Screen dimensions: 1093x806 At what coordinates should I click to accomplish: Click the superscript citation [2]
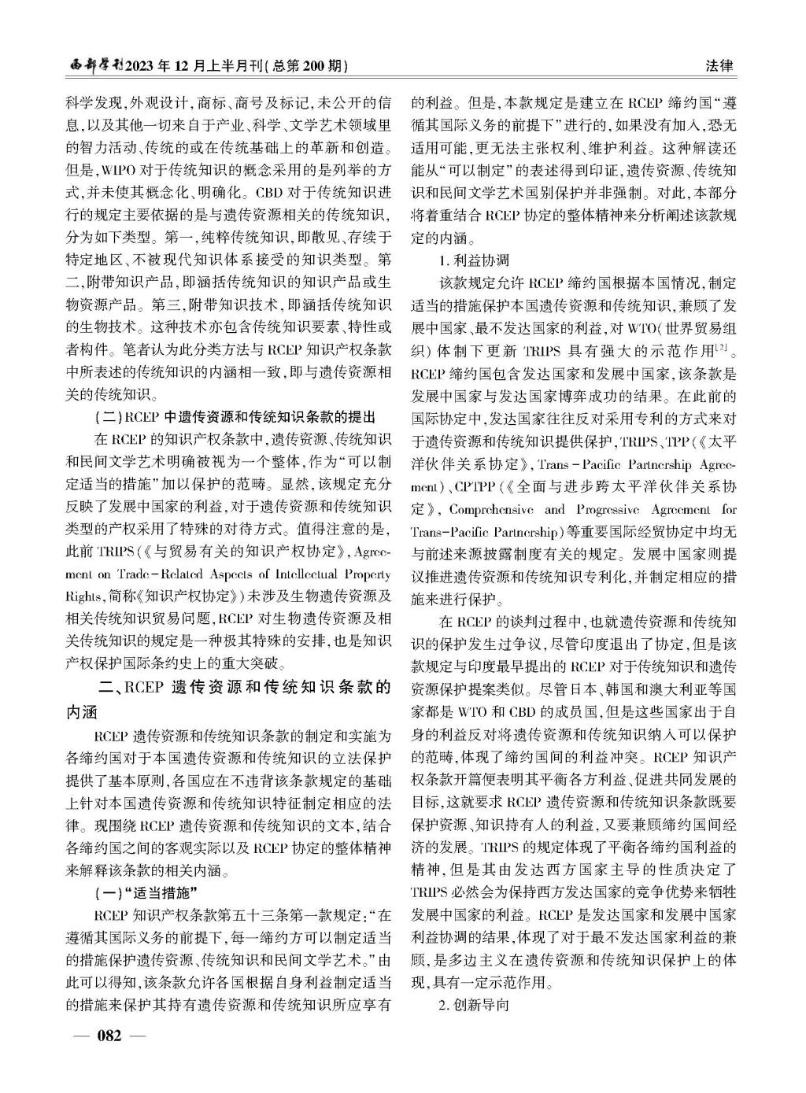pyautogui.click(x=724, y=345)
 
